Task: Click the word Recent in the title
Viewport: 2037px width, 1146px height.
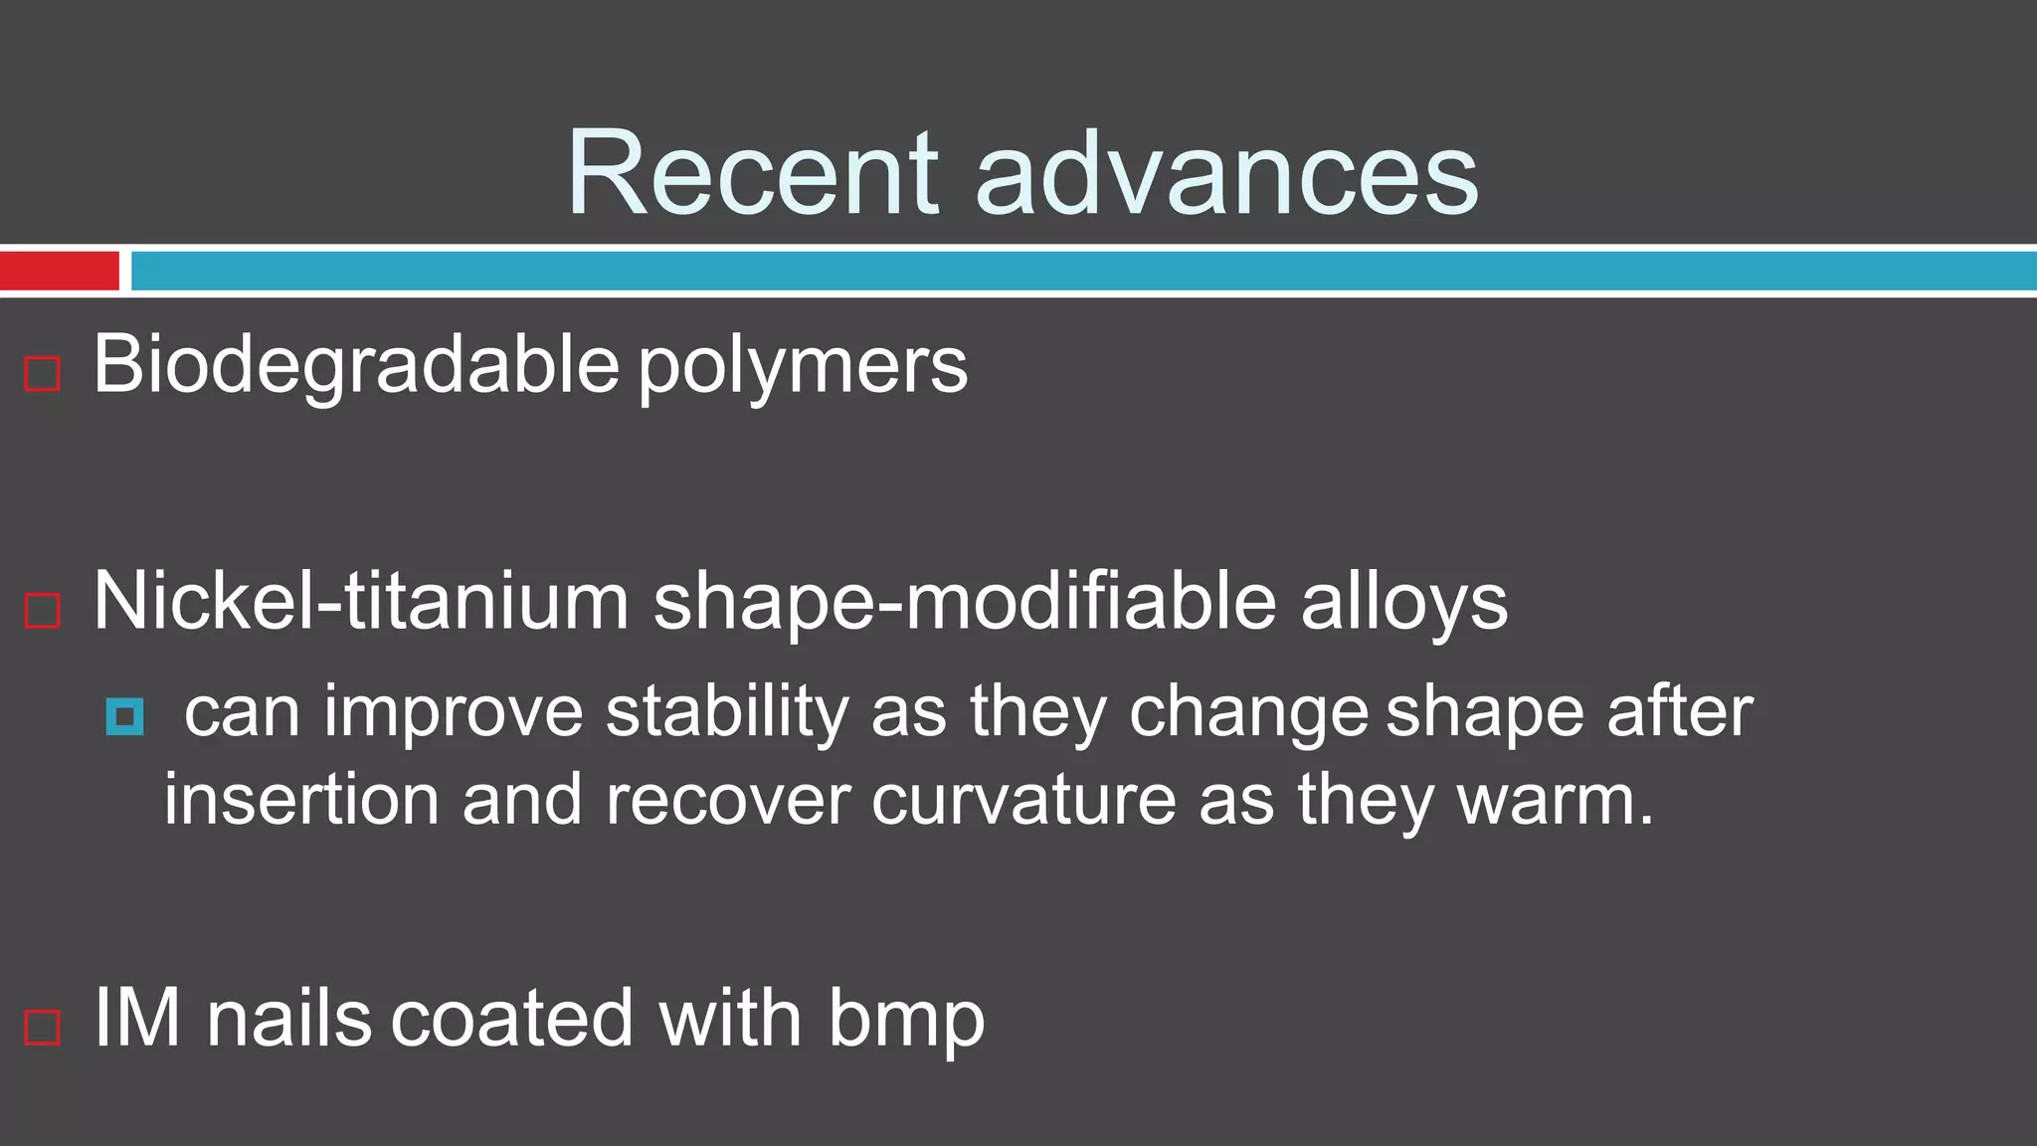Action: pos(752,174)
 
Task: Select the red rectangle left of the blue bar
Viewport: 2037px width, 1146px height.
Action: pos(59,271)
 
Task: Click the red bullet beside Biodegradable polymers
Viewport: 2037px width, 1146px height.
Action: pos(42,374)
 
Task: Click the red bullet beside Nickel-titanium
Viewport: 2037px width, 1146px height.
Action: pos(42,610)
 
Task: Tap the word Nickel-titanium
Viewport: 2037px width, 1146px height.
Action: pos(361,602)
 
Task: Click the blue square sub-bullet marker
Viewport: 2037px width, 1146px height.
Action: pos(124,716)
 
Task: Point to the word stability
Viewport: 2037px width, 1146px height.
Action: pos(727,714)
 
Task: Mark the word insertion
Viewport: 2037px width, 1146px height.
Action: pos(301,801)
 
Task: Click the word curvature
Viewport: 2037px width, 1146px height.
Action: pos(1023,801)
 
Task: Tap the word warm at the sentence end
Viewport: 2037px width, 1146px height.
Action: pos(1545,801)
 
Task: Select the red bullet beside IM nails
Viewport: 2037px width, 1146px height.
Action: pos(42,1027)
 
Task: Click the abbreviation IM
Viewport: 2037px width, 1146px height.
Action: pos(137,1019)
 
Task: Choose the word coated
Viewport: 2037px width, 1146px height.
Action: pos(512,1019)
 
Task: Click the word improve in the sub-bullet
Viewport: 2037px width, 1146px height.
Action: pos(454,714)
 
